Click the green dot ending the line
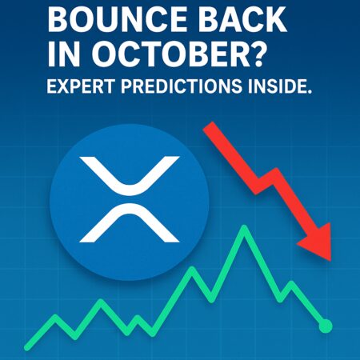(x=325, y=326)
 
